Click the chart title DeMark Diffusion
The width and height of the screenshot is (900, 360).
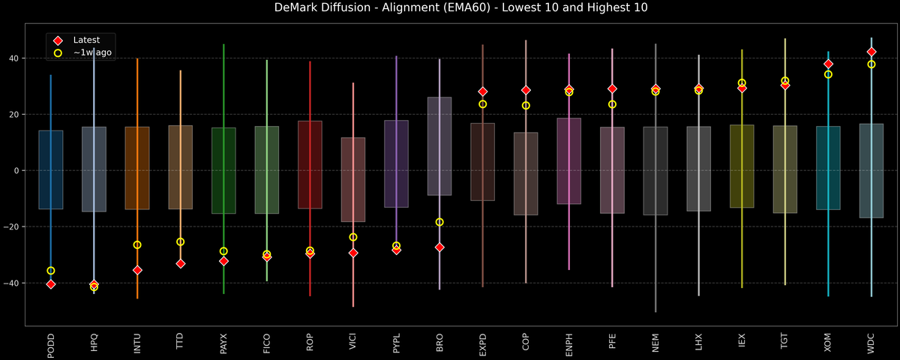450,8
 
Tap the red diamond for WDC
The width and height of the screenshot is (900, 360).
871,52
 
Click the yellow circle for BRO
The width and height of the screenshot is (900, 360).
439,222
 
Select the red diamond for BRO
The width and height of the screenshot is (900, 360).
439,247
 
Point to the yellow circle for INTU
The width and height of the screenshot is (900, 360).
137,245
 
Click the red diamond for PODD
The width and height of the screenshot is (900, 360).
51,284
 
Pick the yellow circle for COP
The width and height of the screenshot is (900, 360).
526,106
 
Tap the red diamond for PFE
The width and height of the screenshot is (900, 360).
612,89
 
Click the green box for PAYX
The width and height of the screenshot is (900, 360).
223,171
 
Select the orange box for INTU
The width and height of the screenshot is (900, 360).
137,168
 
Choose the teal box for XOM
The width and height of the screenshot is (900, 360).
828,168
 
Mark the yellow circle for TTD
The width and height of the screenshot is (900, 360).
181,241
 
